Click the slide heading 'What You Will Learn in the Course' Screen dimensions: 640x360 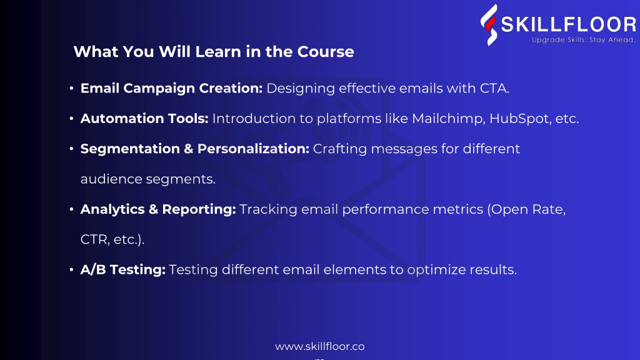coord(214,52)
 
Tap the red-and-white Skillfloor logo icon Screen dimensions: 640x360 coord(489,25)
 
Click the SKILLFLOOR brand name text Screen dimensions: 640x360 coord(569,24)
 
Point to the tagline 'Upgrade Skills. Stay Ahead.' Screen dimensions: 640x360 coord(584,40)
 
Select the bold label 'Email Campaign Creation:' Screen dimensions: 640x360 coord(171,88)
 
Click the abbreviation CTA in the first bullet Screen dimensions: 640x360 coord(494,88)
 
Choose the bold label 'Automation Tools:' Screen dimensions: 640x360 coord(144,118)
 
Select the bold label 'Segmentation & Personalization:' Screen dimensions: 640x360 coord(195,149)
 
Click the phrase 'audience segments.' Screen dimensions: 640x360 coord(147,179)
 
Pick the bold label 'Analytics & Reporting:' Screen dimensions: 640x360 coord(158,209)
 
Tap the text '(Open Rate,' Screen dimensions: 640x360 coord(526,209)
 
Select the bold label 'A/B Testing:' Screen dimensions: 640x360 coord(123,269)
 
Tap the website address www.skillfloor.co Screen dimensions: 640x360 coord(319,346)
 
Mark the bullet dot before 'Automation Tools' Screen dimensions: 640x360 coord(71,118)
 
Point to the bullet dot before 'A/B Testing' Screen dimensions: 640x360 coord(71,269)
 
